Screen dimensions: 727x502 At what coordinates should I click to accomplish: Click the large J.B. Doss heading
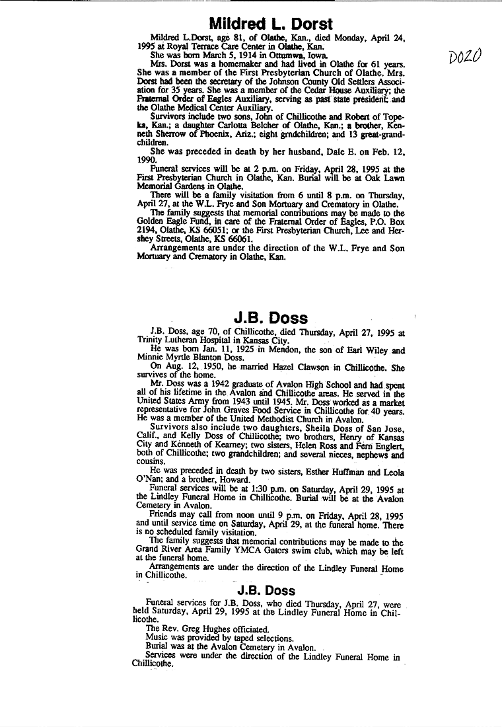pos(270,318)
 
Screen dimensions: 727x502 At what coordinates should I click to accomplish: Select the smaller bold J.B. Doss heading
pos(266,590)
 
